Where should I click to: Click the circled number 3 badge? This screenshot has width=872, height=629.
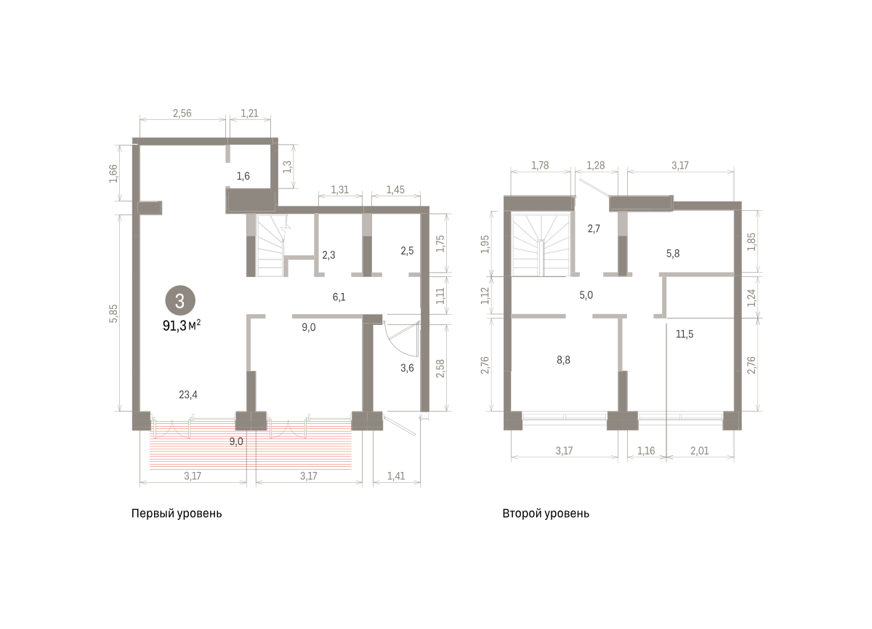(180, 300)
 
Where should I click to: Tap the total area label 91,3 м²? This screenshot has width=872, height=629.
(182, 325)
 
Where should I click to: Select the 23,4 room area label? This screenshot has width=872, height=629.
(188, 395)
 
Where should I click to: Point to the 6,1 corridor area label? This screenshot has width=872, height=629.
(339, 297)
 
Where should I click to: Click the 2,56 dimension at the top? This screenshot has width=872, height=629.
(182, 113)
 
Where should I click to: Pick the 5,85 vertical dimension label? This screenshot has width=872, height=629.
(113, 313)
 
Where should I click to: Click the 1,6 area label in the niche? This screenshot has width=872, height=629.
(243, 176)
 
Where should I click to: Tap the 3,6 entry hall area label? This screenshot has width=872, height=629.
(407, 368)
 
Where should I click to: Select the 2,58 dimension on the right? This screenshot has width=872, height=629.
(440, 368)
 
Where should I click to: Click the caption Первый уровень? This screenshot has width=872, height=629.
(177, 513)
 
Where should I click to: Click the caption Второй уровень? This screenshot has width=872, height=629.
(546, 513)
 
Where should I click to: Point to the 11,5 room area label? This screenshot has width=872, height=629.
(685, 334)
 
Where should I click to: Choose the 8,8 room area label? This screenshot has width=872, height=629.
(563, 360)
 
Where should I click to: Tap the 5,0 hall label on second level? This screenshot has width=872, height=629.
(586, 295)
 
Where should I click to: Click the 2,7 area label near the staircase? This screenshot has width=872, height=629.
(594, 228)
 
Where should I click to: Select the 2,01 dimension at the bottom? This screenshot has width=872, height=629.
(700, 451)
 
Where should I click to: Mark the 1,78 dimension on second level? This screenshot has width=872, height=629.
(540, 165)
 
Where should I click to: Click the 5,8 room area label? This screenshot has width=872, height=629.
(673, 254)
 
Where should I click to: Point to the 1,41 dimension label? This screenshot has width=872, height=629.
(396, 476)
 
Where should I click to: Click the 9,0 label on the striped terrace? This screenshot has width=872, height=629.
(236, 441)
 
